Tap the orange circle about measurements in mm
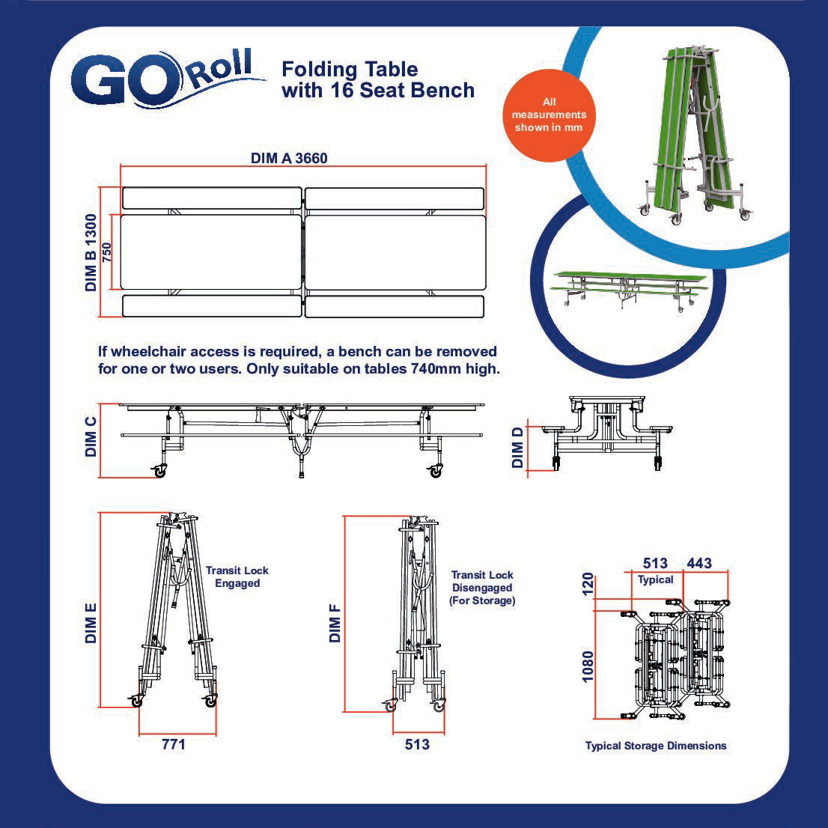(549, 115)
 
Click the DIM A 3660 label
(289, 159)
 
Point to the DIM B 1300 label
(91, 252)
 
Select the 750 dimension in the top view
(106, 252)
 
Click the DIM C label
(91, 436)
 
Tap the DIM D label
(517, 447)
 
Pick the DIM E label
(91, 623)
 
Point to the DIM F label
(335, 623)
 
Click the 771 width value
(174, 744)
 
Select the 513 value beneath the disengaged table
(417, 744)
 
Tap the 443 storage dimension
(699, 564)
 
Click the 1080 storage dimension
(587, 666)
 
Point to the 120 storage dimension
(587, 585)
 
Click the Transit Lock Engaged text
(237, 576)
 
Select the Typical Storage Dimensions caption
(656, 746)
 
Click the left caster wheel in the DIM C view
(159, 471)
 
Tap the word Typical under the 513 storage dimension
(655, 579)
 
